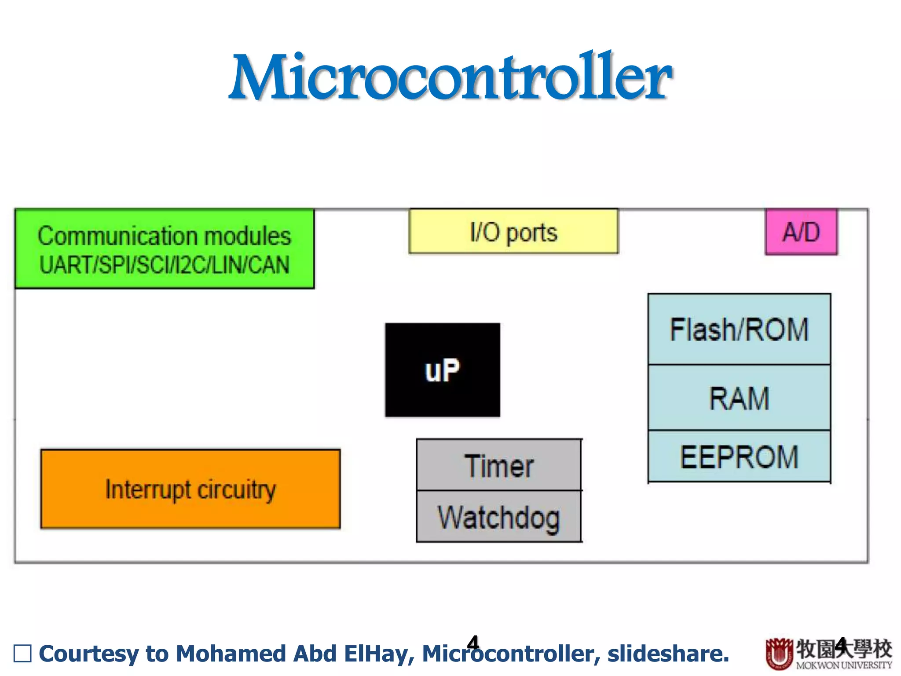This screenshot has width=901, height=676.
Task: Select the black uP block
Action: pos(443,370)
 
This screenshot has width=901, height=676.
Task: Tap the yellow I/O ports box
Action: pos(513,231)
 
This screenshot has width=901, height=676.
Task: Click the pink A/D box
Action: pos(801,232)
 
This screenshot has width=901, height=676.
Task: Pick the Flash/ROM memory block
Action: pos(739,329)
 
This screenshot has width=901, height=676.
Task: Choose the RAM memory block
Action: pos(739,398)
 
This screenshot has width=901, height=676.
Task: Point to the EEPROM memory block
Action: pos(739,457)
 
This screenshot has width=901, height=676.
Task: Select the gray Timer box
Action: pos(499,466)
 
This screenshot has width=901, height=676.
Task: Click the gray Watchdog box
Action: pos(499,517)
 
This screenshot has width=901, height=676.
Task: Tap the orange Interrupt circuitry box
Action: pos(190,489)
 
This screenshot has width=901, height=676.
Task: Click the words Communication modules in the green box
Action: pos(165,236)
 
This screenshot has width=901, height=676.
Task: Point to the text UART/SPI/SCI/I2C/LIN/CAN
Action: pos(165,265)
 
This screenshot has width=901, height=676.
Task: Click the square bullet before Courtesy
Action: pos(22,654)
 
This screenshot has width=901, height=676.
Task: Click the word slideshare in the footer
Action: pos(668,654)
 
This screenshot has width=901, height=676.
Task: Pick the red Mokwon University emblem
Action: pos(779,653)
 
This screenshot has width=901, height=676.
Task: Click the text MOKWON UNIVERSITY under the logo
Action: pos(844,665)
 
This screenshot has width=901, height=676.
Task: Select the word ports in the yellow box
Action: pos(532,232)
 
